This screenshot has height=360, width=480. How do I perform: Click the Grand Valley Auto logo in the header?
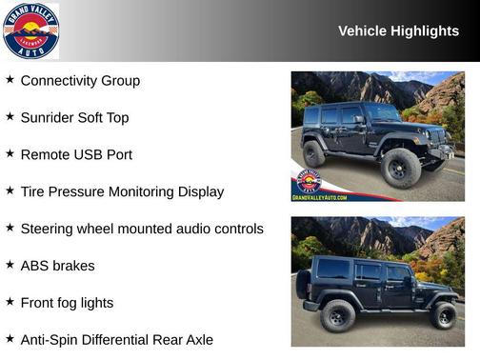[30, 30]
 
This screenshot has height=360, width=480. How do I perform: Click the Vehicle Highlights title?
[398, 31]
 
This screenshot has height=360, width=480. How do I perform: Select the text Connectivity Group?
[80, 81]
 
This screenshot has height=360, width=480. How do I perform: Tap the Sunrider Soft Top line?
[74, 118]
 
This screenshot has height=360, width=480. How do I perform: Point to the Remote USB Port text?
[76, 154]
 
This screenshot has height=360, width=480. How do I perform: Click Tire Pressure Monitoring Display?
[122, 191]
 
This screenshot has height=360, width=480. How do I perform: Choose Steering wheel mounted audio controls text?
[142, 229]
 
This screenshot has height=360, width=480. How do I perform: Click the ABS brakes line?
[57, 266]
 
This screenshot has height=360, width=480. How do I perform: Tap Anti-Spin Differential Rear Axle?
[116, 340]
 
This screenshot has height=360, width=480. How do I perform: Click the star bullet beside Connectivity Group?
[10, 80]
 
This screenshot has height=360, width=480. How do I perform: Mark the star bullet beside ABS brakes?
[10, 265]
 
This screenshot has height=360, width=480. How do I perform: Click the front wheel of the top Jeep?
[400, 168]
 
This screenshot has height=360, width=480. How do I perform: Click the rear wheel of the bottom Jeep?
[337, 315]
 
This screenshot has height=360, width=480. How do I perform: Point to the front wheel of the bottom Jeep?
[443, 315]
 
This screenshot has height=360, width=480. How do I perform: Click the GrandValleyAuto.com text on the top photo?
[319, 196]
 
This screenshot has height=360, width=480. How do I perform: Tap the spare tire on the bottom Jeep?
[303, 283]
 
